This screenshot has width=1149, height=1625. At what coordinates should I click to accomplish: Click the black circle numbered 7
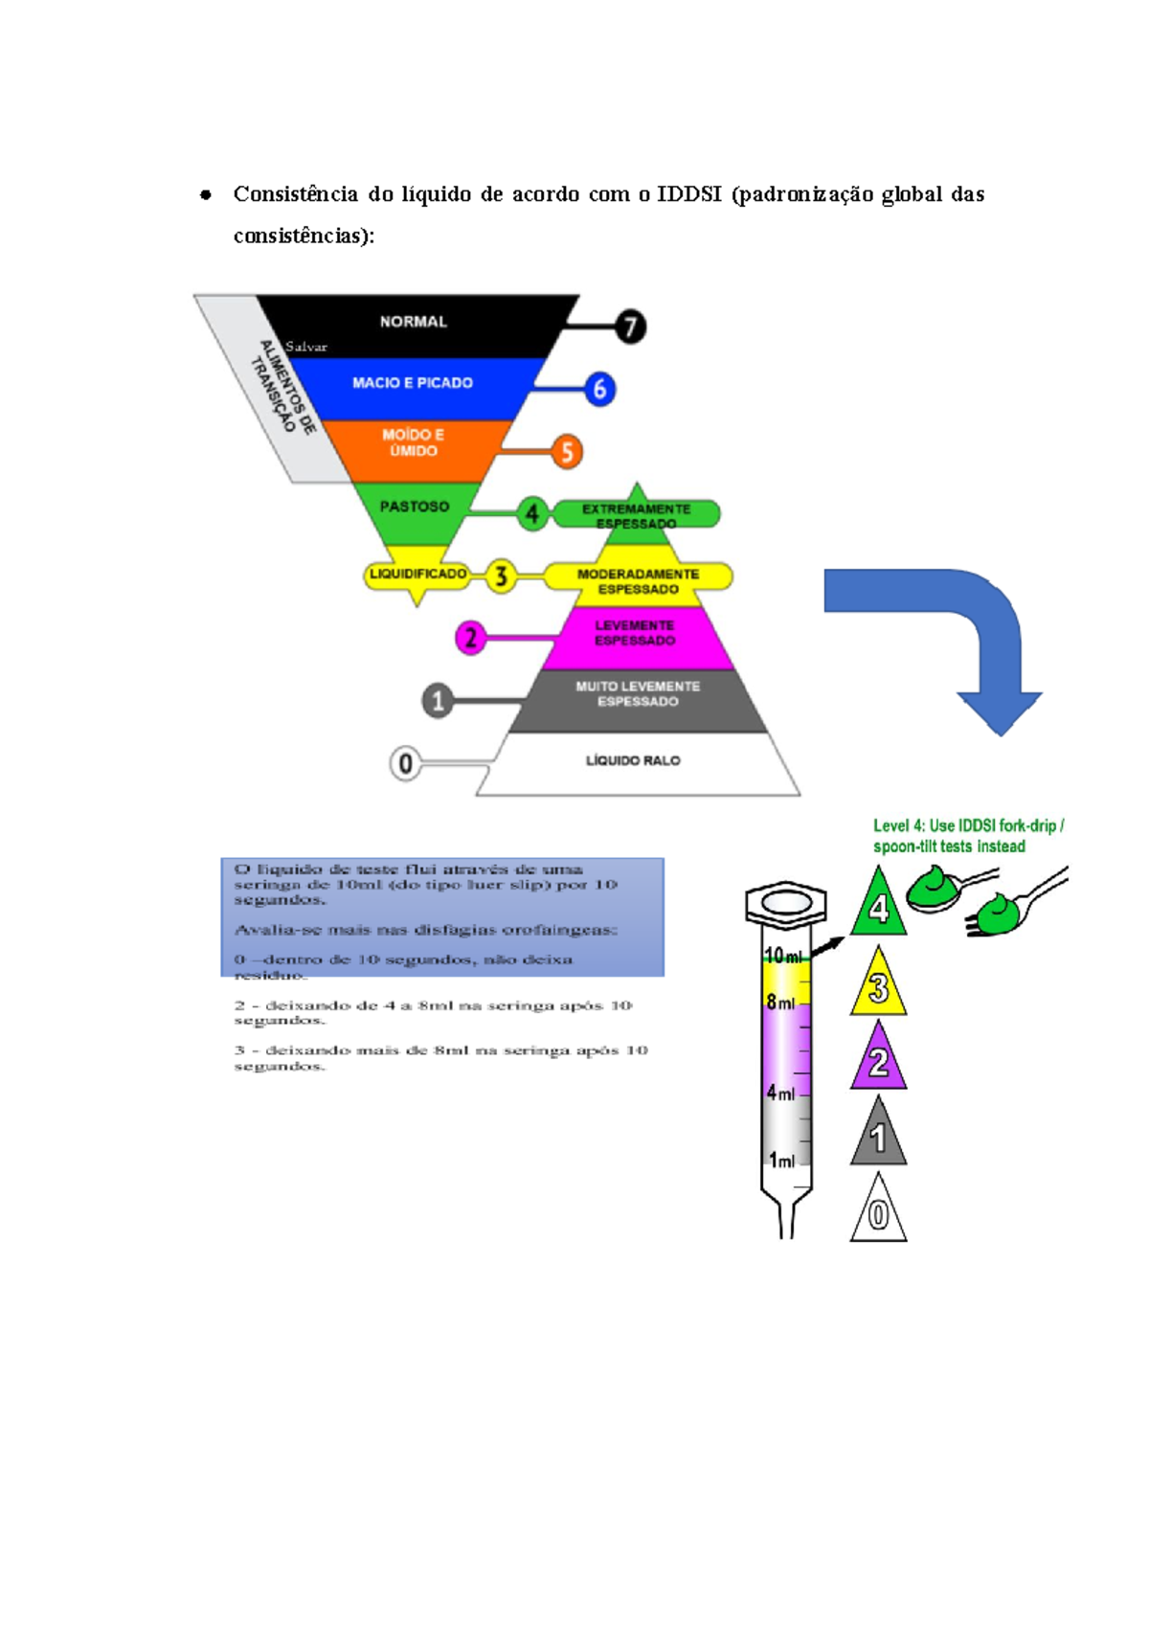click(630, 327)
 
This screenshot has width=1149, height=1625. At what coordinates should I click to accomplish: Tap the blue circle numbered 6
click(599, 389)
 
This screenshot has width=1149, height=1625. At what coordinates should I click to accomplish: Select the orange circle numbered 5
click(567, 451)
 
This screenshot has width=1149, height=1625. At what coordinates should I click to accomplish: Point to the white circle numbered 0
click(405, 763)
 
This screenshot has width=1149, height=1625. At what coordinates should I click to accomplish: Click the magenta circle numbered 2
click(470, 638)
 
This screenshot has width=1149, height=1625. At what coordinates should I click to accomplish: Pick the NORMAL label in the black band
click(413, 322)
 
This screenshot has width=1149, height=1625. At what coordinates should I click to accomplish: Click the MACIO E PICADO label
click(412, 383)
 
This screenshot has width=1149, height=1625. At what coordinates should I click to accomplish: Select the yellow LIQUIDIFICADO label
click(417, 574)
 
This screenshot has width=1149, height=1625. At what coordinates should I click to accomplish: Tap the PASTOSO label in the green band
click(414, 507)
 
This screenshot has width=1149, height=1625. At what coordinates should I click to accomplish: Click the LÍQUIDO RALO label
click(633, 760)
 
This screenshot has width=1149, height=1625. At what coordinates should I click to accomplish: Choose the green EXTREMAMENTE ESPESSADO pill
click(637, 515)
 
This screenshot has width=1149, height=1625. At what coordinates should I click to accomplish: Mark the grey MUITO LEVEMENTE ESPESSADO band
click(638, 694)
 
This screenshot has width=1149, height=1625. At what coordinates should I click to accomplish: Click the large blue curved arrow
click(957, 632)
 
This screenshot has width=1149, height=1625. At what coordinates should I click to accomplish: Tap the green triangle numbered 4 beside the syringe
click(878, 906)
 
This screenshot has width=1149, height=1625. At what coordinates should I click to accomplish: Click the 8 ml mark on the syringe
click(780, 1003)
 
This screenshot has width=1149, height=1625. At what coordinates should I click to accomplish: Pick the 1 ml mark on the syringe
click(781, 1161)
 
